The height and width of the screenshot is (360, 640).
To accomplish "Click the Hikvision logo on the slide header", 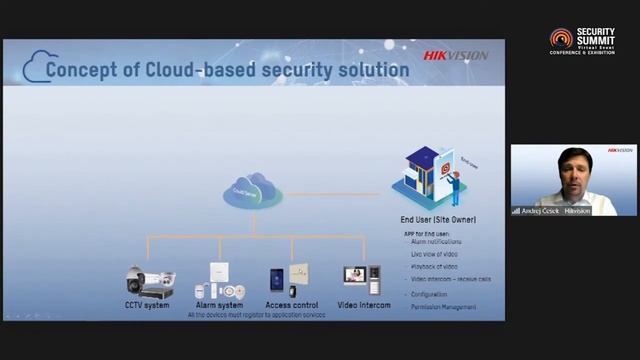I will click(455, 56).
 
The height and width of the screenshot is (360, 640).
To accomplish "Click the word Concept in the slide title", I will click(82, 70).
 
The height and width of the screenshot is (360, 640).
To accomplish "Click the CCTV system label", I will click(147, 304).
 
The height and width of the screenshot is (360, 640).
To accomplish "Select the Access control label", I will click(292, 304).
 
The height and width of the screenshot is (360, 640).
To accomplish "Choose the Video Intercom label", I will click(364, 304).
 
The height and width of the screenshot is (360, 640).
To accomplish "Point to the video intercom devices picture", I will click(362, 276).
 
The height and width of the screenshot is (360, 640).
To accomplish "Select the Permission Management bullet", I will click(444, 306).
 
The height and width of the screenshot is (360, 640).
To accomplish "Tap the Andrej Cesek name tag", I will click(539, 211).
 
